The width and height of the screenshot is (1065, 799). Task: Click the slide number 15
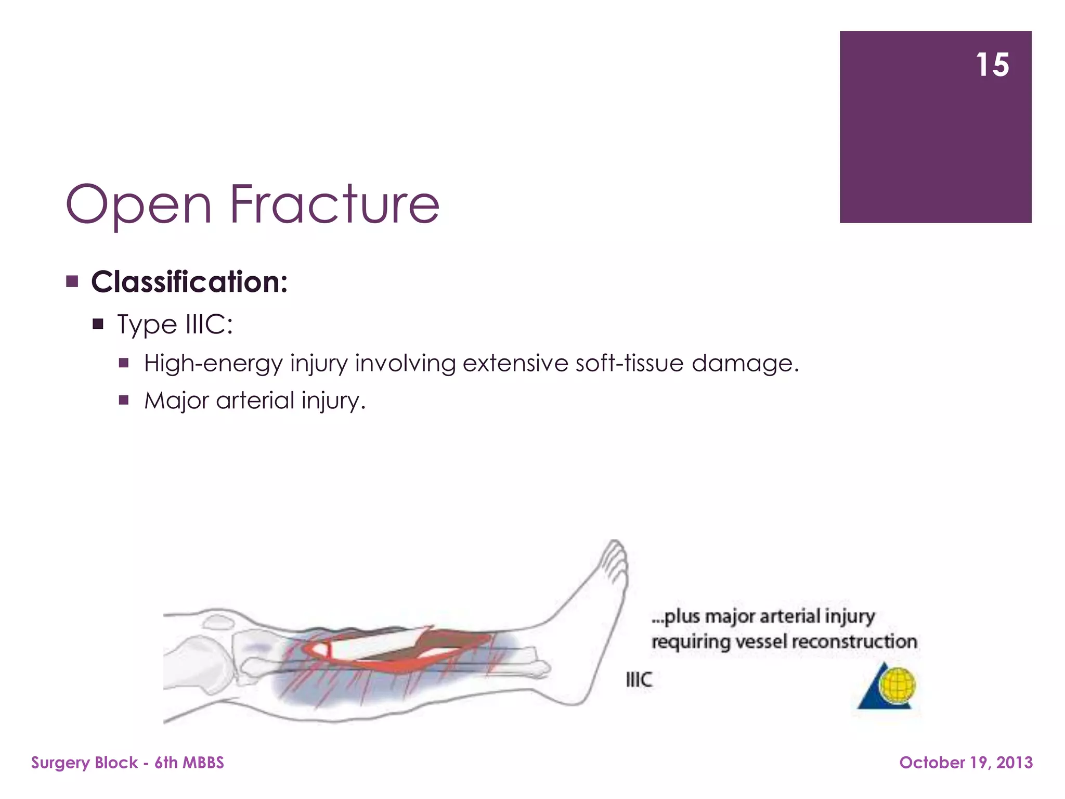click(992, 65)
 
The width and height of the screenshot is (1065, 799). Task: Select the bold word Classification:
click(189, 282)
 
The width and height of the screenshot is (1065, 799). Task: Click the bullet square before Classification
click(72, 282)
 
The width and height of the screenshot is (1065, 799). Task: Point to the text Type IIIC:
click(175, 324)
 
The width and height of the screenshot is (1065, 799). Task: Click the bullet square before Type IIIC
click(98, 325)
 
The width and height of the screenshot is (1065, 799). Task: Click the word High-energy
click(213, 363)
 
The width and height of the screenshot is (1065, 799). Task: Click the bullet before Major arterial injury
click(124, 400)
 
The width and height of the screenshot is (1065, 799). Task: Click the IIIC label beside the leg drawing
click(639, 679)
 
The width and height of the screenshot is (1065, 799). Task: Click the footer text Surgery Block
click(84, 763)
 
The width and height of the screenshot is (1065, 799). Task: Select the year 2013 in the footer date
click(1014, 763)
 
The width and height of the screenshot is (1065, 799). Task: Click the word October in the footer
click(932, 763)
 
